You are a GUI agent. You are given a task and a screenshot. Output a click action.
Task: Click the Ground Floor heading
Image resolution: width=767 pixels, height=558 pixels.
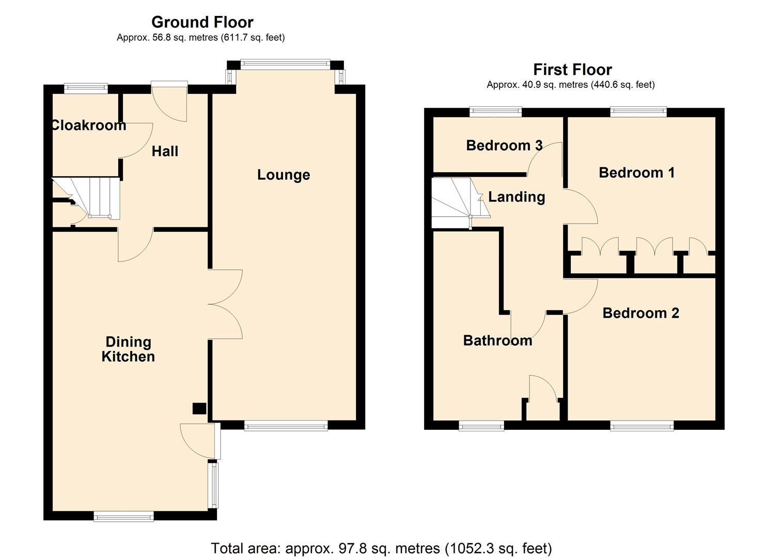202,22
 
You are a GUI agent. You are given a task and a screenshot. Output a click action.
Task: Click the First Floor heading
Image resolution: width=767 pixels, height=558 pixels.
572,69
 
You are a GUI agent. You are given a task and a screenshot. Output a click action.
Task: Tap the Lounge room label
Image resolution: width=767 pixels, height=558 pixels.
284,175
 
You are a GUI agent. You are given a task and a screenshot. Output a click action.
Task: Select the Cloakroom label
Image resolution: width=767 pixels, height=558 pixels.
88,125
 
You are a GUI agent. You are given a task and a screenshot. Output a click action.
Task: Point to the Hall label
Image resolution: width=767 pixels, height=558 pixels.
165,151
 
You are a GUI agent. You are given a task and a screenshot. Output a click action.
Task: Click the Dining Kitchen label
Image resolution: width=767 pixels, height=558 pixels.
128,349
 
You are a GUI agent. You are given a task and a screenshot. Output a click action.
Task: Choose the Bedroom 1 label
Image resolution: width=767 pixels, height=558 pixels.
636,173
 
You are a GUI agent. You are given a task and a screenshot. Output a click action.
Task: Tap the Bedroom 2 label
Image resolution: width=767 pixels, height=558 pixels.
640,313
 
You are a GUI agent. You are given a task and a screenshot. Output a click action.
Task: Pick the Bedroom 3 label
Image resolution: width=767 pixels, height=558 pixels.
504,146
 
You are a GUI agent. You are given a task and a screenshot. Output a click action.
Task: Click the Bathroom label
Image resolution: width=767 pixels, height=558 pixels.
497,340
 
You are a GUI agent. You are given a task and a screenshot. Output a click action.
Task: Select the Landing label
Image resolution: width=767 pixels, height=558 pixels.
516,197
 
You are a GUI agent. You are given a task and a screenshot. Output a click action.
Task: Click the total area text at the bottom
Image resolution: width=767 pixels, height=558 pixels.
381,548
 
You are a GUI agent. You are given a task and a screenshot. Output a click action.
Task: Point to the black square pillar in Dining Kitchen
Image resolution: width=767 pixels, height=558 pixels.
199,409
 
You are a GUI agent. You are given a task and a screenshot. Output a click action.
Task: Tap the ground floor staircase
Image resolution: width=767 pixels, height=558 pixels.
98,197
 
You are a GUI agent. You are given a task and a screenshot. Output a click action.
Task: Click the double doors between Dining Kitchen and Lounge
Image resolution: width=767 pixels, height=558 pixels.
225,304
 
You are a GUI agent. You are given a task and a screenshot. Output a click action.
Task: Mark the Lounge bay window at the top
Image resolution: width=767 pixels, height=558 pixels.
285,64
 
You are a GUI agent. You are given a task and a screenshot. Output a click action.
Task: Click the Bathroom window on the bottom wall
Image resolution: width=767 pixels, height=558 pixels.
481,426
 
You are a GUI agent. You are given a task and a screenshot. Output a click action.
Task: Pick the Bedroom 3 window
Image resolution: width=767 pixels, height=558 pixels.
495,111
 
